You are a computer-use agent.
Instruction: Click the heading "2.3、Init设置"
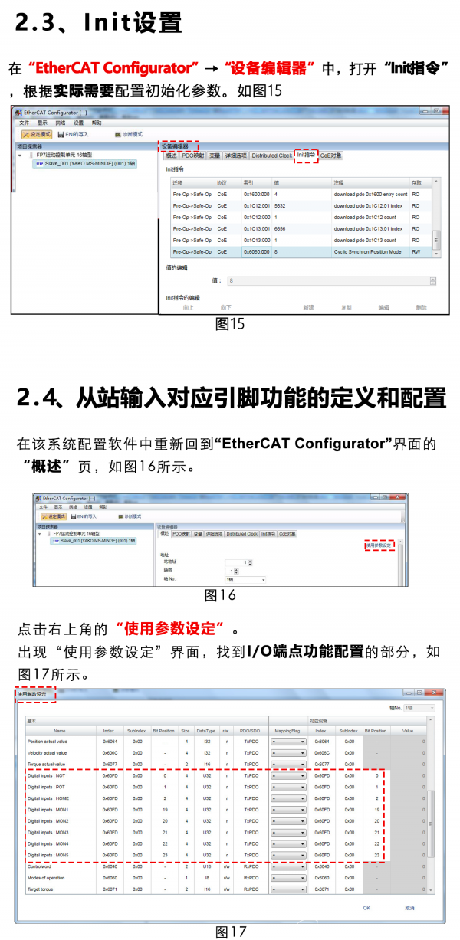click(99, 23)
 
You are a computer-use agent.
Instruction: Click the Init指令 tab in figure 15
click(306, 155)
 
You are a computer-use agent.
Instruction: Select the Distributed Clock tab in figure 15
click(271, 156)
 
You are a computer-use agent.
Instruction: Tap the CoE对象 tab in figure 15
click(331, 156)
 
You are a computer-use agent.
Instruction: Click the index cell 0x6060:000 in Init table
click(256, 251)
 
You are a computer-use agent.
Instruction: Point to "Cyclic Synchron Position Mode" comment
click(367, 251)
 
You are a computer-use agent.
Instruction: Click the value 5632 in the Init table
click(280, 206)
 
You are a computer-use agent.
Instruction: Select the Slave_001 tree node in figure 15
click(90, 163)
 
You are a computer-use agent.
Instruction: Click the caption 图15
click(230, 324)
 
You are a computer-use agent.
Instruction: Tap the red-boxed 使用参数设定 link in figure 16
click(379, 545)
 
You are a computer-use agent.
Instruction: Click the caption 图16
click(220, 595)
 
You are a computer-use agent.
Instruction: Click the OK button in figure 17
click(366, 908)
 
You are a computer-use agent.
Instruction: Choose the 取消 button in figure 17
click(409, 908)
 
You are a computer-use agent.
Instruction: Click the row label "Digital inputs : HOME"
click(48, 798)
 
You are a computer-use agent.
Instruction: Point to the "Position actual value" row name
click(48, 741)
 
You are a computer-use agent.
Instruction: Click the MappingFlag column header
click(287, 730)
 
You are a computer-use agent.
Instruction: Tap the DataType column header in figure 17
click(206, 730)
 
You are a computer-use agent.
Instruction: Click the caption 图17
click(230, 932)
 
